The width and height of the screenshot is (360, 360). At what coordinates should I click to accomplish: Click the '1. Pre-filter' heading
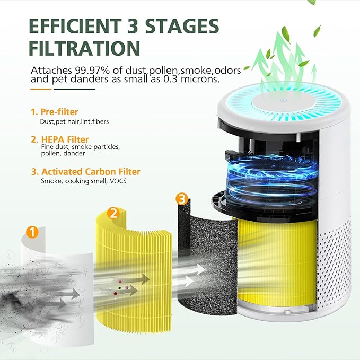[54, 112]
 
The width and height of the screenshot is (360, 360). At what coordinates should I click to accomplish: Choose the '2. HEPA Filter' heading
[59, 139]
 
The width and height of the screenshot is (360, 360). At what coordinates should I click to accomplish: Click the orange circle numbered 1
[33, 232]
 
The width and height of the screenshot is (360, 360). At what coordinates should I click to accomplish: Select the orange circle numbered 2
[112, 213]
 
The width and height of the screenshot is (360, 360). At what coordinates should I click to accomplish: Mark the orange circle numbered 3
[181, 199]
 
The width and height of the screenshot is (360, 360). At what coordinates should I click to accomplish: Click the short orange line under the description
[41, 89]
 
